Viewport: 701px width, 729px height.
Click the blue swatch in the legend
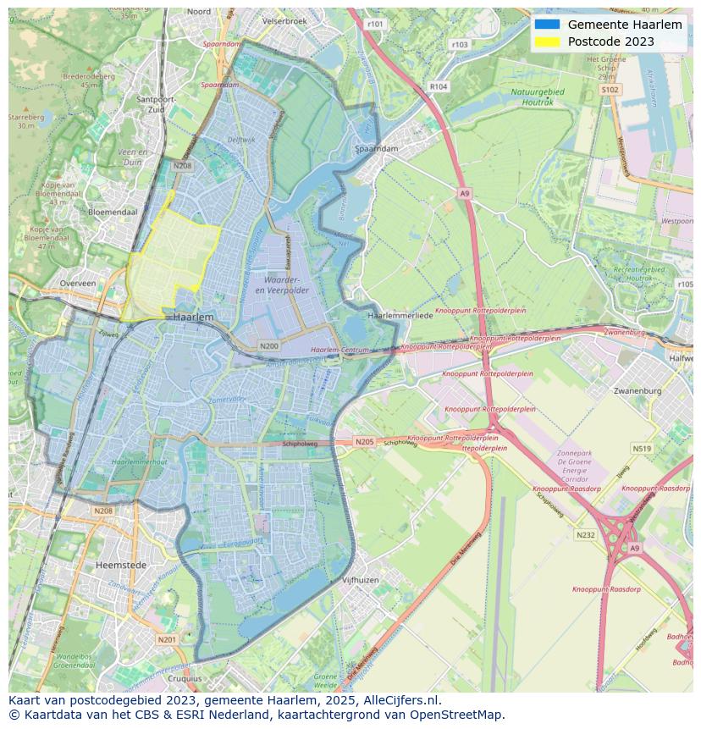547,25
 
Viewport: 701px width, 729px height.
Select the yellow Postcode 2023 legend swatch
547,41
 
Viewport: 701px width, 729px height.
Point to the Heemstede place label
121,565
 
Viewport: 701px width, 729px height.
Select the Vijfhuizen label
360,580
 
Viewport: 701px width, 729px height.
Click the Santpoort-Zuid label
156,103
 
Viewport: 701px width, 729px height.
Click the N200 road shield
269,346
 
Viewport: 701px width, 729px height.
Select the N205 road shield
364,442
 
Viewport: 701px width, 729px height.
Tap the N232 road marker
585,535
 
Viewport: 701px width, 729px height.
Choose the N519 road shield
642,449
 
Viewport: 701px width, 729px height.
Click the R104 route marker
438,86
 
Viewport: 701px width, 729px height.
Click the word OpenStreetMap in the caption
456,715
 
